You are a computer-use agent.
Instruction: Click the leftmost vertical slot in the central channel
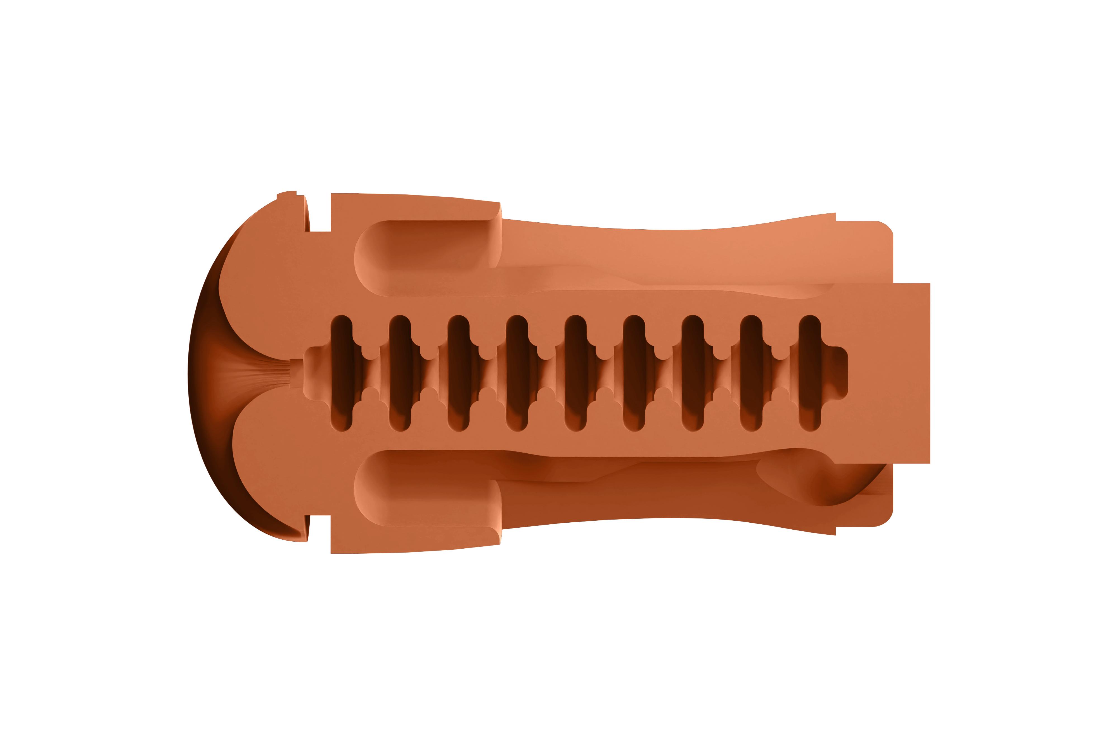[341, 373]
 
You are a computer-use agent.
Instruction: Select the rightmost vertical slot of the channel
[810, 373]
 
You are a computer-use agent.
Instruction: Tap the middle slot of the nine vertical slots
[576, 373]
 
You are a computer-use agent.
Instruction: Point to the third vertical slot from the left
[458, 373]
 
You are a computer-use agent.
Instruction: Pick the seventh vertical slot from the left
[693, 373]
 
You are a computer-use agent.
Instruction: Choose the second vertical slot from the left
[400, 373]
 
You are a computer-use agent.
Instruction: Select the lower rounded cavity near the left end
[423, 489]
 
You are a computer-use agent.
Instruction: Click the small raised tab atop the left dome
[287, 193]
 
